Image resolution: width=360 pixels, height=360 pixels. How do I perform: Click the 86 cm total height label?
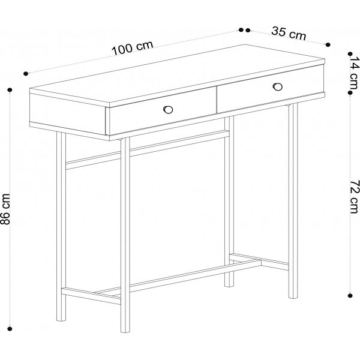(x=7, y=208)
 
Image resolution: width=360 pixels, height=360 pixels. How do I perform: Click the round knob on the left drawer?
(x=168, y=109)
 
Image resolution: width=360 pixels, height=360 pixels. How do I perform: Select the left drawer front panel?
(x=161, y=116)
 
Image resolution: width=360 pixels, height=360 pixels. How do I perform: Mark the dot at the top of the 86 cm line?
(x=10, y=90)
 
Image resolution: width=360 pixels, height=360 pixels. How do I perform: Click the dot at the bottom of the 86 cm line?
(x=10, y=328)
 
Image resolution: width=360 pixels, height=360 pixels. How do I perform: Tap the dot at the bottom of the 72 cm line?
(x=352, y=295)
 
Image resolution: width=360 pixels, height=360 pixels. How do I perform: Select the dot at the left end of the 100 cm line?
(x=26, y=73)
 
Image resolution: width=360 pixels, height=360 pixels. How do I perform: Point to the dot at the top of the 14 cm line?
(x=352, y=53)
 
